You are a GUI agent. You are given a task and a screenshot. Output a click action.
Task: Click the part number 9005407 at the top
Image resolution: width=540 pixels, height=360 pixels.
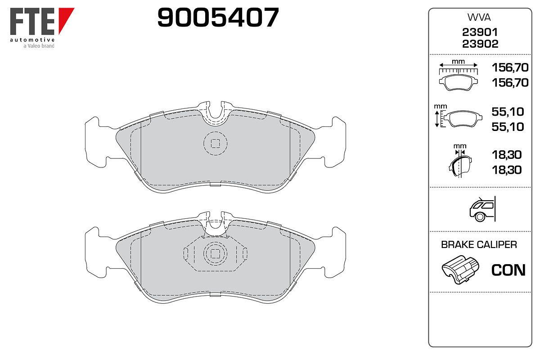coord(218,17)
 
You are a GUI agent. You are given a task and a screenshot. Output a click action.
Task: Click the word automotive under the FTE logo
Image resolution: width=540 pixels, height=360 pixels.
coord(32,40)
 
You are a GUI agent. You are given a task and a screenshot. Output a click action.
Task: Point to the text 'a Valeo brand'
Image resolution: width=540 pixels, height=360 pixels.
coord(39,46)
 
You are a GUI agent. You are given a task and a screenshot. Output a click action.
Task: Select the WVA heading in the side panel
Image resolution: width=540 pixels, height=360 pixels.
coord(479,18)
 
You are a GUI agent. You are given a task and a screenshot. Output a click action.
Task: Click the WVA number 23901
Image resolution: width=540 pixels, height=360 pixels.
coord(480,32)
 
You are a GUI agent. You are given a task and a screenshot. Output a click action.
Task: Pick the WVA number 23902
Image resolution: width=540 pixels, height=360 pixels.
coord(480,44)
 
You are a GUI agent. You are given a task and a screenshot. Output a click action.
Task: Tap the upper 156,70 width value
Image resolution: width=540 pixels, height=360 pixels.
coord(510,67)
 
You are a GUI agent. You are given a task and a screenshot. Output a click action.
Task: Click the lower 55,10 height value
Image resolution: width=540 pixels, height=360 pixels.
coord(508,127)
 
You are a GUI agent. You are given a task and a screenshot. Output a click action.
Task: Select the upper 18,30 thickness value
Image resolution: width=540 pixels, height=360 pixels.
coord(507,155)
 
